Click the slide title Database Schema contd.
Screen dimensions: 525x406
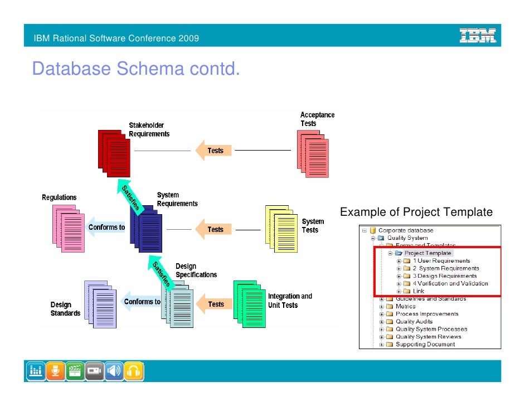[136, 69]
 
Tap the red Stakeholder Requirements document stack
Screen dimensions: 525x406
[114, 151]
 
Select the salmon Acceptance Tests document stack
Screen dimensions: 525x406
[313, 150]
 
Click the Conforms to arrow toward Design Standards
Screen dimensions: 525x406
[141, 302]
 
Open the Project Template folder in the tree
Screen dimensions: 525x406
[427, 253]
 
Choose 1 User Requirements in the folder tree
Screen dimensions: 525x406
[441, 261]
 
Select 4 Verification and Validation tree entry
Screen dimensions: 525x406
[450, 283]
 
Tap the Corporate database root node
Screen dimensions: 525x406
[405, 230]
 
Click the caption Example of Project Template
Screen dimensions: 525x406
[416, 212]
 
